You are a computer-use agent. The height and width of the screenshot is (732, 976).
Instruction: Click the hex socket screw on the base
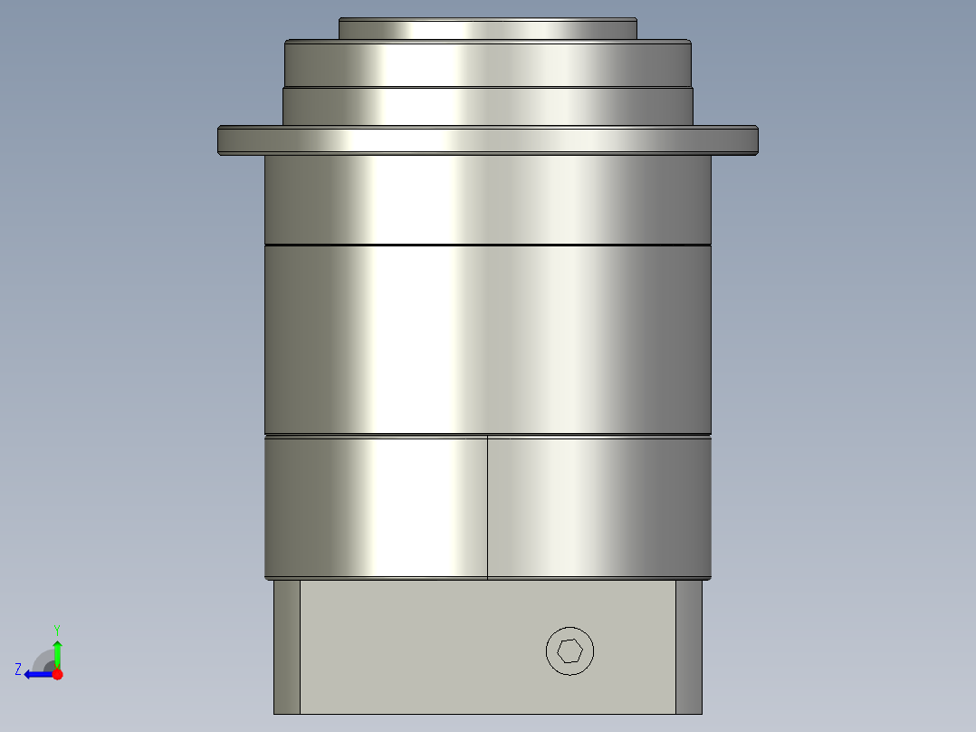(570, 650)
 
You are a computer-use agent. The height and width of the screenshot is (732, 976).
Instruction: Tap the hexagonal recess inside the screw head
(570, 650)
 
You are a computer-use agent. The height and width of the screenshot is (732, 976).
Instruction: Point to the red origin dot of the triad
(57, 674)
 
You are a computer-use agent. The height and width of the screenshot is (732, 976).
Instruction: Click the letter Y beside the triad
(57, 630)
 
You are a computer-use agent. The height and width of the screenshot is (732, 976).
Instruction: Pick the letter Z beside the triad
(18, 669)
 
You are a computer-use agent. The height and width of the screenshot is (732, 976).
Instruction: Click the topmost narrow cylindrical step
(487, 29)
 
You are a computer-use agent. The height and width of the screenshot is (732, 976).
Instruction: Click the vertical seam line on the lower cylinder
(487, 507)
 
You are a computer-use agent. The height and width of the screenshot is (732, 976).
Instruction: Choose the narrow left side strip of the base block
(286, 647)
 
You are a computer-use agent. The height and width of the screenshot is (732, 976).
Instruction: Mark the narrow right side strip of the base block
(689, 647)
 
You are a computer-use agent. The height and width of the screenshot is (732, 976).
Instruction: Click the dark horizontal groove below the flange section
(487, 245)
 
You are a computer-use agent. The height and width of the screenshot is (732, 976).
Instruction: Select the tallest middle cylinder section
(487, 340)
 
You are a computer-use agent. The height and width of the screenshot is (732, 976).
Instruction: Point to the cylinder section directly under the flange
(487, 199)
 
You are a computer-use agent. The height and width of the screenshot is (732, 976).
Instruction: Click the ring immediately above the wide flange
(487, 106)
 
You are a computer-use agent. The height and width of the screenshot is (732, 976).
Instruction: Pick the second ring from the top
(487, 63)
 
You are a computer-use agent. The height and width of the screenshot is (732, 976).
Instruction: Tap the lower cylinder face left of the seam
(376, 507)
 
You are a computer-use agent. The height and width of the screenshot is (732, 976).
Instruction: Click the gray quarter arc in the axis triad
(43, 659)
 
